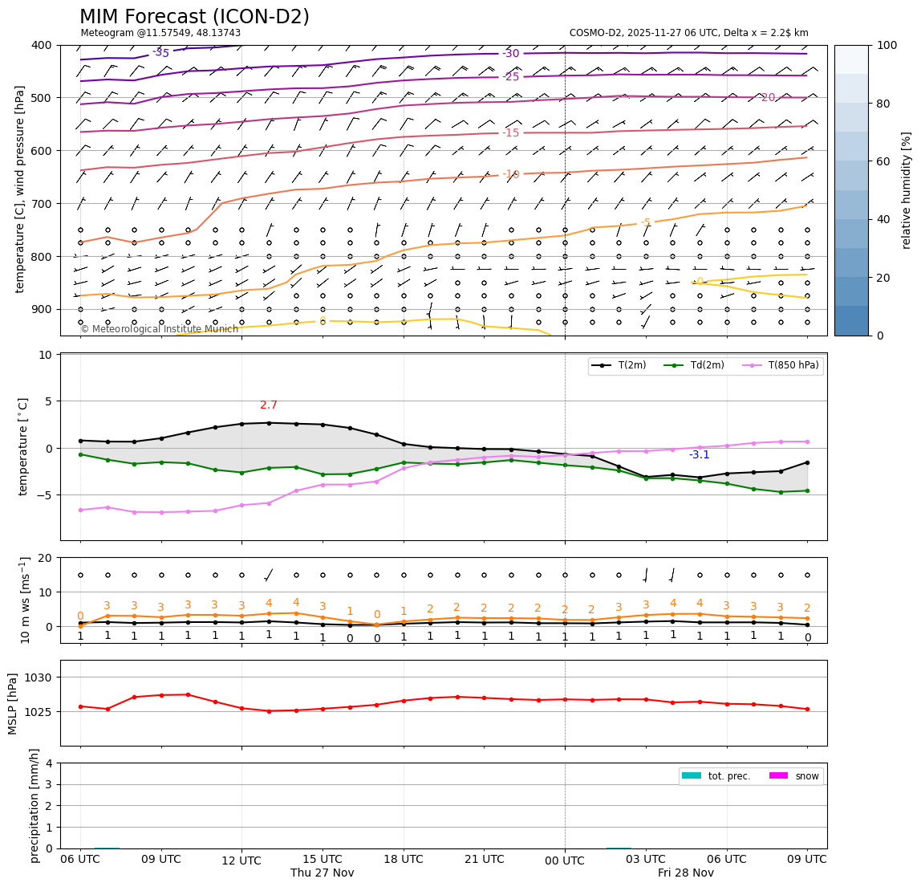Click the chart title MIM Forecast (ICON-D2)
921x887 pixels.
[194, 17]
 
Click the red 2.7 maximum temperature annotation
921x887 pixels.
[269, 405]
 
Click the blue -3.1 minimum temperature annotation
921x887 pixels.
[699, 455]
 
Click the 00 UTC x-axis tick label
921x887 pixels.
[565, 860]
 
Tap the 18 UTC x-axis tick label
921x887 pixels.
[403, 859]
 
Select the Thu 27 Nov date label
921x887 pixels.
[322, 873]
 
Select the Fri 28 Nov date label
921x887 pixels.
[685, 873]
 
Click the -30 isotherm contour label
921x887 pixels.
[511, 54]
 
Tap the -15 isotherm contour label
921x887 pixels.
[511, 133]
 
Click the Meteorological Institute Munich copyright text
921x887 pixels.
[160, 329]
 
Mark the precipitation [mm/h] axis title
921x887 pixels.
[34, 805]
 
